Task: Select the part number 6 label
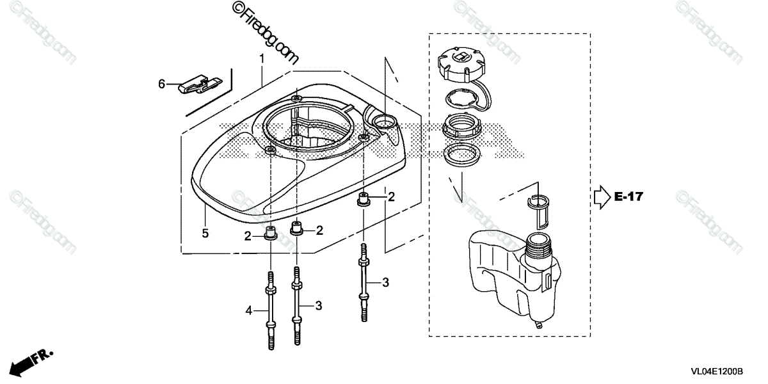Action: click(x=162, y=84)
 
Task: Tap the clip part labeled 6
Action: click(x=199, y=84)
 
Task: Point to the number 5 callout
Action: click(x=205, y=234)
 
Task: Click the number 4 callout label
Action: click(x=249, y=311)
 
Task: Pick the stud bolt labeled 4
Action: click(x=271, y=310)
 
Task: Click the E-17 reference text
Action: click(x=628, y=197)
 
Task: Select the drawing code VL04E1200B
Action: click(x=716, y=371)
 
